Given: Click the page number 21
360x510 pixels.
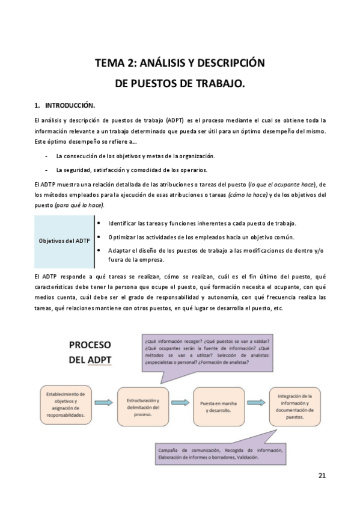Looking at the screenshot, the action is point(322,476).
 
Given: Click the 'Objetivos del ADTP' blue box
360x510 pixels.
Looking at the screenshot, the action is point(64,241).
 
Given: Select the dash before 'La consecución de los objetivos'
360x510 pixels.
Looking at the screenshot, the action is point(47,156).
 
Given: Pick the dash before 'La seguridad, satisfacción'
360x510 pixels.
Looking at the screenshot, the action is point(47,170).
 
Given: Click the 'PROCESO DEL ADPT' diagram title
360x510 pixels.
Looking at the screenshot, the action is point(90,352).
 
